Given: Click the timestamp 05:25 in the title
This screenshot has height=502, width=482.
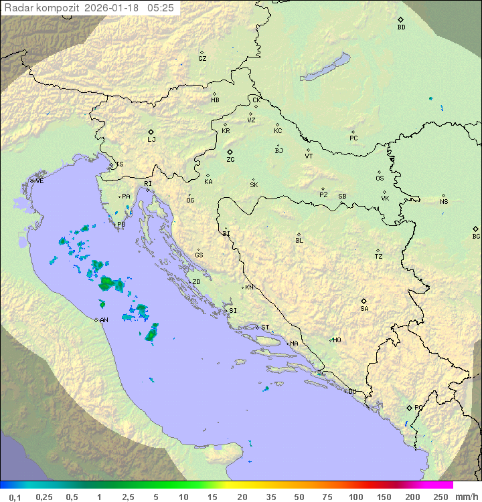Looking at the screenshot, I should [x=161, y=7].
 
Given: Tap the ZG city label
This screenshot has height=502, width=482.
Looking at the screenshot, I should [x=230, y=160].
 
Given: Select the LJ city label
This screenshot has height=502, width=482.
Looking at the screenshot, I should [x=151, y=139].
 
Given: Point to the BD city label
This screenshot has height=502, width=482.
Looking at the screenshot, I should [x=401, y=27].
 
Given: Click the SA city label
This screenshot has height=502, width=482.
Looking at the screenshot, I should [x=364, y=308].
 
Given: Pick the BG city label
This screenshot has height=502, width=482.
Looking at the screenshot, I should [x=476, y=236].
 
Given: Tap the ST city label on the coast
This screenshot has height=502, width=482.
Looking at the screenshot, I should [x=265, y=328].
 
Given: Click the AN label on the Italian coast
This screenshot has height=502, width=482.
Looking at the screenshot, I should [x=104, y=320].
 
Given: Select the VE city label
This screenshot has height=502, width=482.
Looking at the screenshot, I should [x=39, y=181].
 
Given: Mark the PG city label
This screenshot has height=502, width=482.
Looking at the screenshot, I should [x=418, y=407].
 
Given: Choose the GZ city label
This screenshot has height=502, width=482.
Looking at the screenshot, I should [x=202, y=59].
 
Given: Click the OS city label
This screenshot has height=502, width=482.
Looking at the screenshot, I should [x=380, y=178].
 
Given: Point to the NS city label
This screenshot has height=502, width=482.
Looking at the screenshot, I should [x=444, y=202].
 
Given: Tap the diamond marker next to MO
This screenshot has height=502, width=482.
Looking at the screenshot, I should [x=330, y=340].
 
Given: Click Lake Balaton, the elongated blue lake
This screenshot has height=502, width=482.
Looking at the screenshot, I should [x=326, y=68].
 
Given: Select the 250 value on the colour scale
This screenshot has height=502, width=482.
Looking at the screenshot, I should [x=440, y=497].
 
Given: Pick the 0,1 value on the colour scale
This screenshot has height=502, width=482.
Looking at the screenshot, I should [x=15, y=497].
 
